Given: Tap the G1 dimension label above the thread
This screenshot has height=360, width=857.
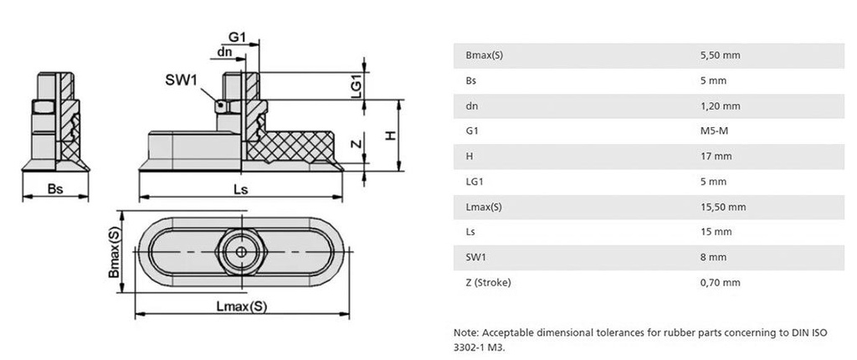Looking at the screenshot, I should point(237,37).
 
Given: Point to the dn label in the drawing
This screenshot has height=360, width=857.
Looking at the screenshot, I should point(224,51).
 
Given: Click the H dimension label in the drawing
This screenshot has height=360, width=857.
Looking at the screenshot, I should point(389,134).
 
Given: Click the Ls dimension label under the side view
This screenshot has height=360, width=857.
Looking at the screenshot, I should point(240,189).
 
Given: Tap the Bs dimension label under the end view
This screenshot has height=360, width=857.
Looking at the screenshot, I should point(55,189).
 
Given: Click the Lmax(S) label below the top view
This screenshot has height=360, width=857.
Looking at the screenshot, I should point(241,306).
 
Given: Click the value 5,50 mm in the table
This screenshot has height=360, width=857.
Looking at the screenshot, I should point(719,55).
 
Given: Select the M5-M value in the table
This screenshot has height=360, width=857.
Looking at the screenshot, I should point(714,131).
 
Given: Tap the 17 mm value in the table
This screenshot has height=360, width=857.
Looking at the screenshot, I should point(715,156).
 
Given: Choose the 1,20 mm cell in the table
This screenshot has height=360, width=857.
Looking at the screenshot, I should point(719,105).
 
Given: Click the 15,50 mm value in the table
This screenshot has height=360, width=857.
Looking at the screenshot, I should point(721,206).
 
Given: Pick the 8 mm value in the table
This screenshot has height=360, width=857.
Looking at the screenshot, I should point(712,256).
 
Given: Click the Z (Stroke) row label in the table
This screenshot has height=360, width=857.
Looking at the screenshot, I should point(488,282).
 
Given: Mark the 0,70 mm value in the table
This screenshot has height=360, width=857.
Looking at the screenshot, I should point(719,282).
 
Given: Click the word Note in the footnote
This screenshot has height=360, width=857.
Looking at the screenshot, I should point(464,332).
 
